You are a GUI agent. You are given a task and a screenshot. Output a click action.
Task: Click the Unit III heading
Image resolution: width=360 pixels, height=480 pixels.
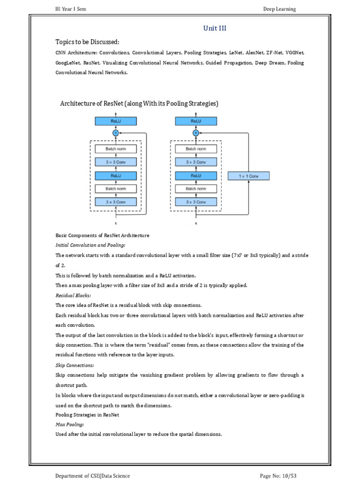pos(215,29)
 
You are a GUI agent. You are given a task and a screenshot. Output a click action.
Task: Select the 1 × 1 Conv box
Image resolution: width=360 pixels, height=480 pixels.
pos(249,176)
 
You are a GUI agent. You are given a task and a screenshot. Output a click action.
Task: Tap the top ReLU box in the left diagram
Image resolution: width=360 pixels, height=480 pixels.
pos(116,121)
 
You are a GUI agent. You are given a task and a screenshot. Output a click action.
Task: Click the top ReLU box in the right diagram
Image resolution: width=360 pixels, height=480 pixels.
pos(196,121)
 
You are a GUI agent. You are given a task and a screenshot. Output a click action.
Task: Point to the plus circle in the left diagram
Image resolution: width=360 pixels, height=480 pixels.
pos(116,133)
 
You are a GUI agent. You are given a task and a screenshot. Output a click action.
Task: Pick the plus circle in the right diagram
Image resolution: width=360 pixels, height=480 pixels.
pos(196,133)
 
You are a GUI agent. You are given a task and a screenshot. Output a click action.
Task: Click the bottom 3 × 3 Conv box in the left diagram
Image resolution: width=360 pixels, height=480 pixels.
pos(116,202)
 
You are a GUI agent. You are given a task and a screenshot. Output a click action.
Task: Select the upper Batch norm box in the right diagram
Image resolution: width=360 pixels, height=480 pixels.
pos(196,149)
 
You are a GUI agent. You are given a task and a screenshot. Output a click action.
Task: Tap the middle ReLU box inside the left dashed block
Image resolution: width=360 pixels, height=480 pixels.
pos(116,176)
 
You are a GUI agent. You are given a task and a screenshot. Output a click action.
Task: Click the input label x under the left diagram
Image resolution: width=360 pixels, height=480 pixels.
pos(116,223)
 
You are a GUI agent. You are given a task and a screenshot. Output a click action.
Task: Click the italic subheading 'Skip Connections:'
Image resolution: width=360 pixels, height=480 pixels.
pos(75,365)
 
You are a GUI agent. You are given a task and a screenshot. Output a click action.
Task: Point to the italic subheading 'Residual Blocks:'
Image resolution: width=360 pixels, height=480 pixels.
pos(73,295)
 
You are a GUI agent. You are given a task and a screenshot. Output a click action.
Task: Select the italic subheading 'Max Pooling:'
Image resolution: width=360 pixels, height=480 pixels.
pos(70,424)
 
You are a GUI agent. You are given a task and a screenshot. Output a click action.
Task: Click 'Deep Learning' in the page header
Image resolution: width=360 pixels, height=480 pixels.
pos(280,9)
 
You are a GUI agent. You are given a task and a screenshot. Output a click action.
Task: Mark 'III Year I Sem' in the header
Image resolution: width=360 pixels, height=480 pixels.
pos(71,9)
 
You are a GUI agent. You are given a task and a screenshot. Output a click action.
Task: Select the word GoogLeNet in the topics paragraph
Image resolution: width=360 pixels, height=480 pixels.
pos(67,63)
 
